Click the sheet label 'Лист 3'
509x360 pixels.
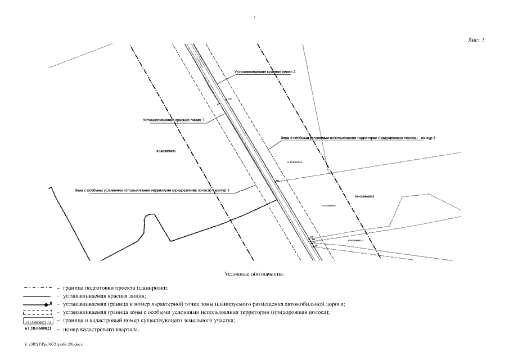point(476,40)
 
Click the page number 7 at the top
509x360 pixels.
point(255,18)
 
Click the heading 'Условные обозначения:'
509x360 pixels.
point(255,274)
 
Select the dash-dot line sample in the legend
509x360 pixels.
point(38,287)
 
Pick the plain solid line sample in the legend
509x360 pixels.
point(38,295)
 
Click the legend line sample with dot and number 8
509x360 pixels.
point(38,304)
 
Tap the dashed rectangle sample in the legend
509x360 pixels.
point(38,312)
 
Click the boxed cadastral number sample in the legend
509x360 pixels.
point(38,320)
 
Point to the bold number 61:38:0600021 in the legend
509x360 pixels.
point(38,328)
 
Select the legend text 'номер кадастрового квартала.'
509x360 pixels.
point(101,328)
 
